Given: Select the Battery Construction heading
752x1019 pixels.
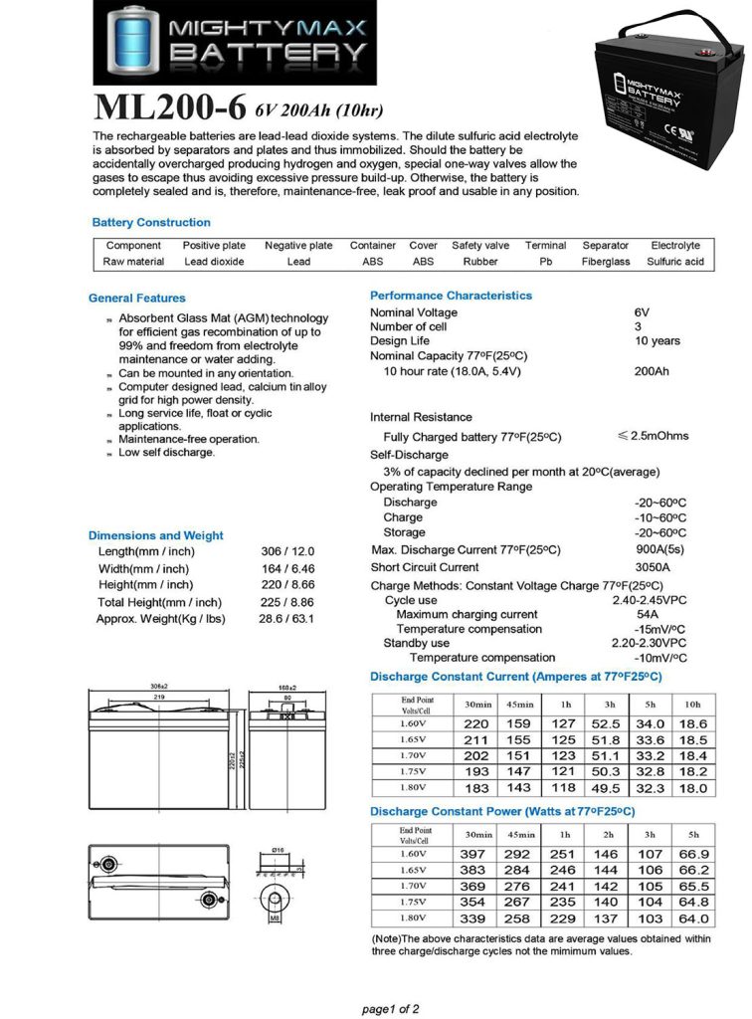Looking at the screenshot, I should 151,223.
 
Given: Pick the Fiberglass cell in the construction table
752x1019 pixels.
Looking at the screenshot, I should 606,262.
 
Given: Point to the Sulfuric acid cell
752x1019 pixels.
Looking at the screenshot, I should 675,262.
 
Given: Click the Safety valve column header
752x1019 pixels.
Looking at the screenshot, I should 479,245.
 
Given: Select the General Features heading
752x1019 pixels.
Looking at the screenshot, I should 137,298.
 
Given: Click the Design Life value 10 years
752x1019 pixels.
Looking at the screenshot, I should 658,341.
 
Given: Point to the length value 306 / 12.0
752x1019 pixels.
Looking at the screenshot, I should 287,551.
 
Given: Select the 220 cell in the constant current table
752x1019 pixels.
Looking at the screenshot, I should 476,724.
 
